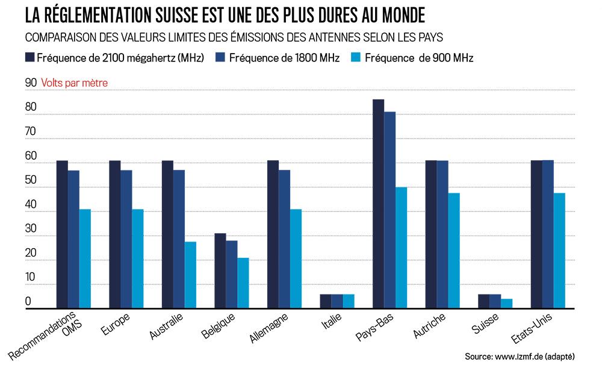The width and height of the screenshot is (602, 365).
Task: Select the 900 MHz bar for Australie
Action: pos(190,275)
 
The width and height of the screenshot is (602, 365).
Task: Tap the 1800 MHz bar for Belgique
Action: pos(232,275)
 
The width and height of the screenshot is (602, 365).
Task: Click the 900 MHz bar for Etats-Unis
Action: pos(559,251)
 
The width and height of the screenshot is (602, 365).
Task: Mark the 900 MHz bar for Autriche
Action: pos(453,251)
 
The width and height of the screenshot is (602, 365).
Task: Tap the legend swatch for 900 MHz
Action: pos(356,58)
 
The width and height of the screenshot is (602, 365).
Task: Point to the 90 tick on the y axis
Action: pos(31,83)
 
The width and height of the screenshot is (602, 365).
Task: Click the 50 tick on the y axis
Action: pos(31,181)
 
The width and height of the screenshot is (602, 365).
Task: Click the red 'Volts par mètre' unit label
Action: pos(75,83)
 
